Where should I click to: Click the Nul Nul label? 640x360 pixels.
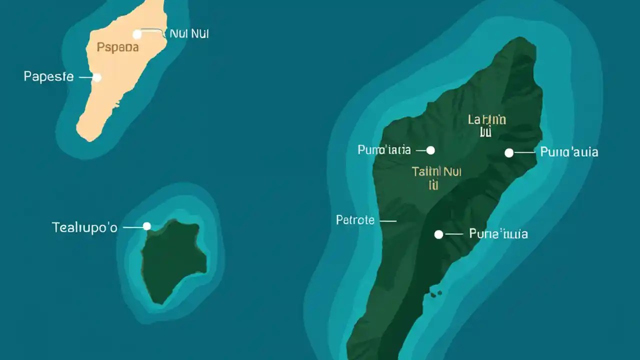[189, 34]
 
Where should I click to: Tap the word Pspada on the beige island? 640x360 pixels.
[117, 47]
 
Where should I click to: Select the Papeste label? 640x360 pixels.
[48, 77]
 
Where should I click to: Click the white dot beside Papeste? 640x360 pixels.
[97, 77]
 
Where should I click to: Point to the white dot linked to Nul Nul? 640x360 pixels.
[137, 34]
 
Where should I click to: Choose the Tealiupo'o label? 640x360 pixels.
[84, 227]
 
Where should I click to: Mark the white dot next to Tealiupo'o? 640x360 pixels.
[146, 226]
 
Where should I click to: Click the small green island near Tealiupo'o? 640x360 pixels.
[172, 260]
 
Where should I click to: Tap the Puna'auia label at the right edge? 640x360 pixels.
[569, 152]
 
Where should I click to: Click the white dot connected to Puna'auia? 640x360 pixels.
[509, 153]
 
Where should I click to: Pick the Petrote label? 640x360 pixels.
[355, 219]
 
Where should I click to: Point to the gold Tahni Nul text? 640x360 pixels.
[436, 171]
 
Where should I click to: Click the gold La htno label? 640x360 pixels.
[487, 119]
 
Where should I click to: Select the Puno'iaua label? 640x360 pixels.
[384, 149]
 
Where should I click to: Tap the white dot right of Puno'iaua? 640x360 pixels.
[430, 150]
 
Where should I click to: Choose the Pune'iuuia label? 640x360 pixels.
[498, 233]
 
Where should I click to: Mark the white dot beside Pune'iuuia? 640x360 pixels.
[438, 234]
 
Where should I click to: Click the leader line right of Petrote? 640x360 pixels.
[388, 220]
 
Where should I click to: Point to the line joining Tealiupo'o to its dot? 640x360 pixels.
[132, 227]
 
